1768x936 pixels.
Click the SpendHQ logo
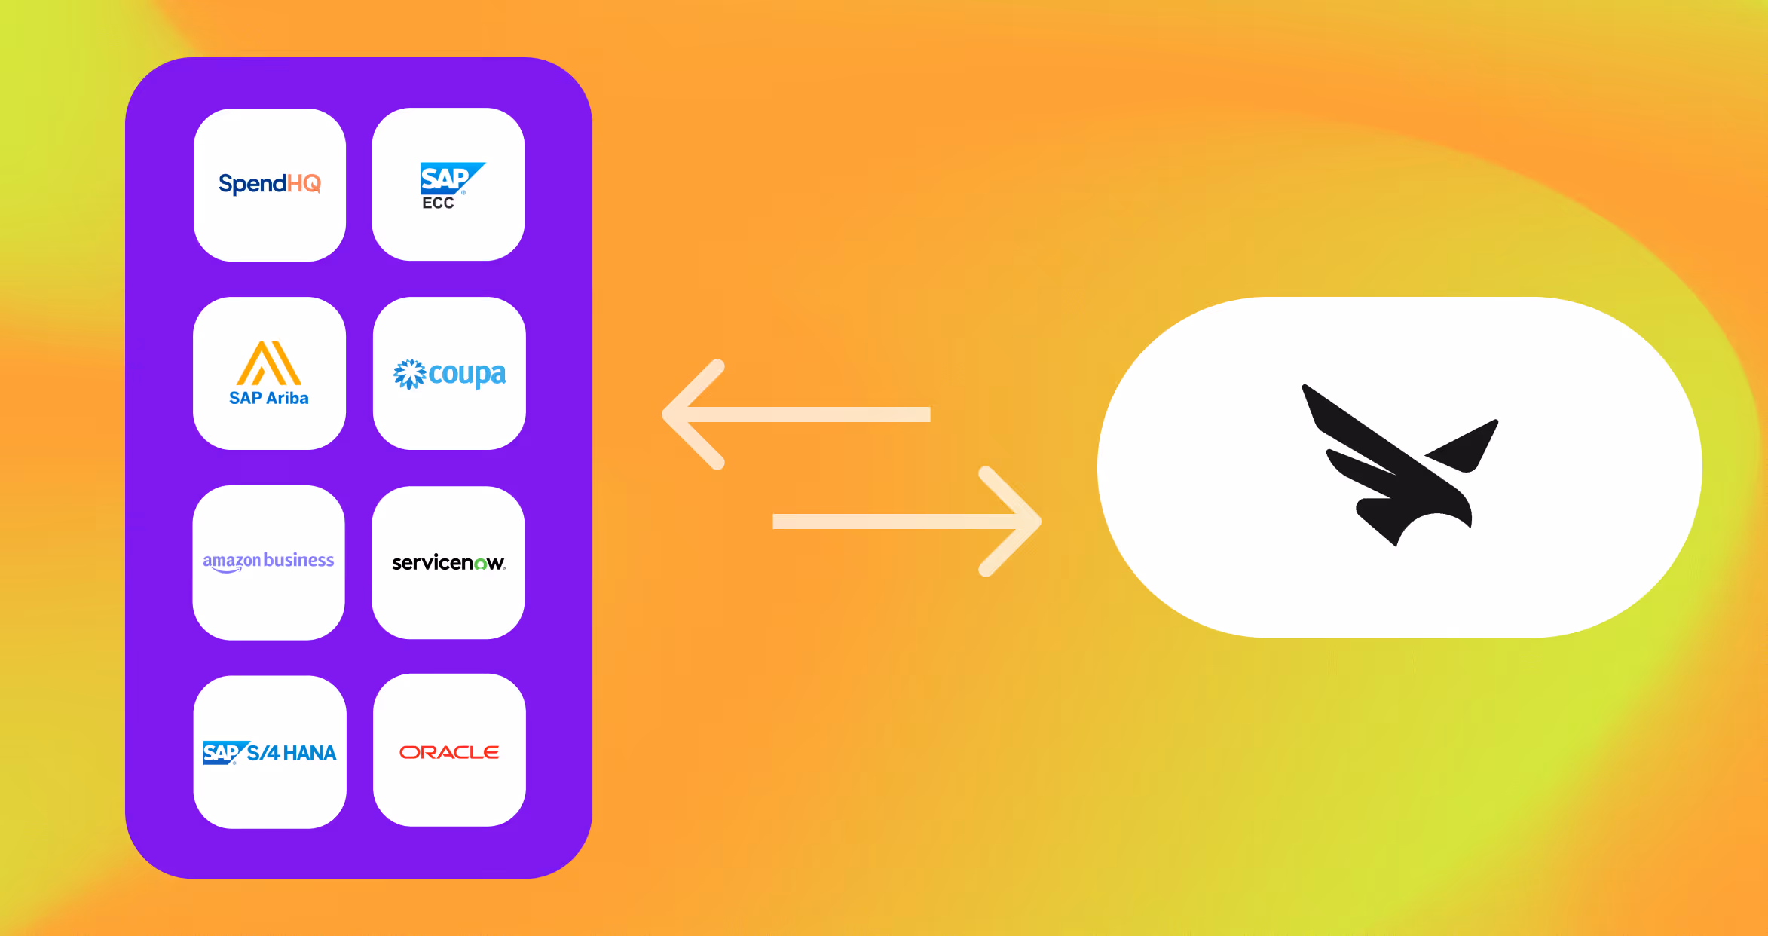pos(269,184)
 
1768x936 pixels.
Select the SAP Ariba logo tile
pos(269,373)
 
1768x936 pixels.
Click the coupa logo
pos(450,374)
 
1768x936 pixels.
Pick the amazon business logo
pos(268,561)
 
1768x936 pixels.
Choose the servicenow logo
pos(448,563)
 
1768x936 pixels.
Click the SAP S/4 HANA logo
pos(269,752)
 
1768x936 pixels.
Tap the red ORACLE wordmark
pos(449,752)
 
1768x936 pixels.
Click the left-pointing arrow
pos(795,414)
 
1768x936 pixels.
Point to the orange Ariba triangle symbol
pos(269,363)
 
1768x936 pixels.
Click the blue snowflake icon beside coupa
pos(409,374)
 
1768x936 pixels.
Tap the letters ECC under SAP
pos(438,203)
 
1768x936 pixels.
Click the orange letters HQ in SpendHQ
pos(304,183)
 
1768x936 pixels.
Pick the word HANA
pos(310,753)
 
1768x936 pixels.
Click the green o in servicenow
pos(480,564)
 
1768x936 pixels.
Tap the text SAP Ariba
pos(269,398)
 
